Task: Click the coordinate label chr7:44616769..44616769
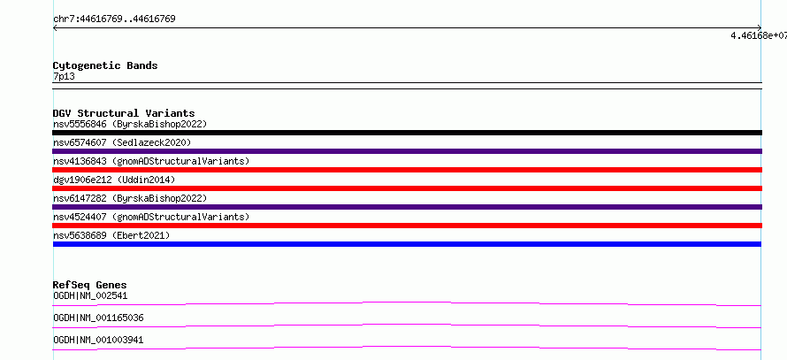pyautogui.click(x=114, y=19)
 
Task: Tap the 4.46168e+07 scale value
pyautogui.click(x=759, y=35)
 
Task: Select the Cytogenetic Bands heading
pyautogui.click(x=105, y=65)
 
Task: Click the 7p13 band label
pyautogui.click(x=65, y=76)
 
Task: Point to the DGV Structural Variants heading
pyautogui.click(x=124, y=113)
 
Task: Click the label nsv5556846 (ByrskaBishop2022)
pyautogui.click(x=130, y=124)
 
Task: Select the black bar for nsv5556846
pyautogui.click(x=407, y=133)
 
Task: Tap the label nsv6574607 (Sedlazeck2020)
pyautogui.click(x=122, y=142)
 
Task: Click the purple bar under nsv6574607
pyautogui.click(x=407, y=151)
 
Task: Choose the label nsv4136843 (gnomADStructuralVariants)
pyautogui.click(x=151, y=161)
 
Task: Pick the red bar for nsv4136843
pyautogui.click(x=407, y=170)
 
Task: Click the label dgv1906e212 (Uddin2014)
pyautogui.click(x=114, y=180)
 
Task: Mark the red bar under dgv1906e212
pyautogui.click(x=407, y=188)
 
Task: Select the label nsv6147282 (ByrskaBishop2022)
pyautogui.click(x=130, y=198)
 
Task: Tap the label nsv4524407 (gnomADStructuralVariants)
pyautogui.click(x=151, y=217)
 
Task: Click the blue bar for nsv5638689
pyautogui.click(x=407, y=244)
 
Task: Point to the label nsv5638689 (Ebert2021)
pyautogui.click(x=111, y=235)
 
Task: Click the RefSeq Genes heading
pyautogui.click(x=90, y=285)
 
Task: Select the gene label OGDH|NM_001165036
pyautogui.click(x=99, y=318)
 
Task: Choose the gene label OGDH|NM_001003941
pyautogui.click(x=98, y=340)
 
